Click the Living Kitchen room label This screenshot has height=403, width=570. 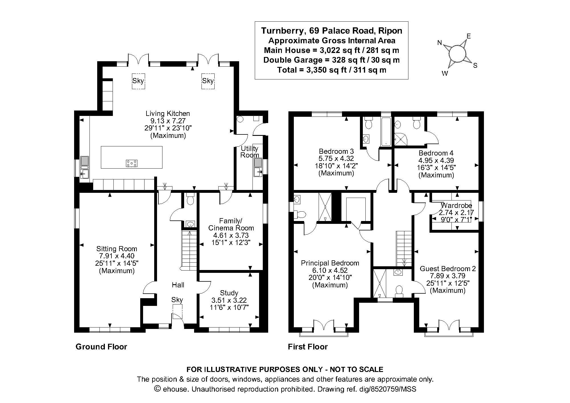(168, 113)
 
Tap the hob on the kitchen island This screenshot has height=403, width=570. (132, 163)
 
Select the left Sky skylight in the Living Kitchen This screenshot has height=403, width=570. (138, 81)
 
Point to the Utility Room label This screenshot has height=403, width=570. (250, 152)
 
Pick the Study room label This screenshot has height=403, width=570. (229, 293)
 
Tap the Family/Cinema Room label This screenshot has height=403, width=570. (231, 224)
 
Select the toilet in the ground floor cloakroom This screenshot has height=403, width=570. (190, 199)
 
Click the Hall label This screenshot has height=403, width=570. (178, 285)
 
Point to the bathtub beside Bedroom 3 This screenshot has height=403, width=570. (386, 132)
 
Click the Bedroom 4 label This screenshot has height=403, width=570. (436, 153)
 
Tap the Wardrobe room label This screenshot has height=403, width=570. (456, 205)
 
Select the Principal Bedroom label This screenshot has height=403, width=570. (330, 263)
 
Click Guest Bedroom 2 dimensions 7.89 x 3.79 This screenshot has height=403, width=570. (447, 276)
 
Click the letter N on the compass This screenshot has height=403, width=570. (440, 43)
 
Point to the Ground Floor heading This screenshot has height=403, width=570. (101, 347)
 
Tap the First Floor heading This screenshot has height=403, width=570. (308, 347)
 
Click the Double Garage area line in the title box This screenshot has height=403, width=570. (331, 60)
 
